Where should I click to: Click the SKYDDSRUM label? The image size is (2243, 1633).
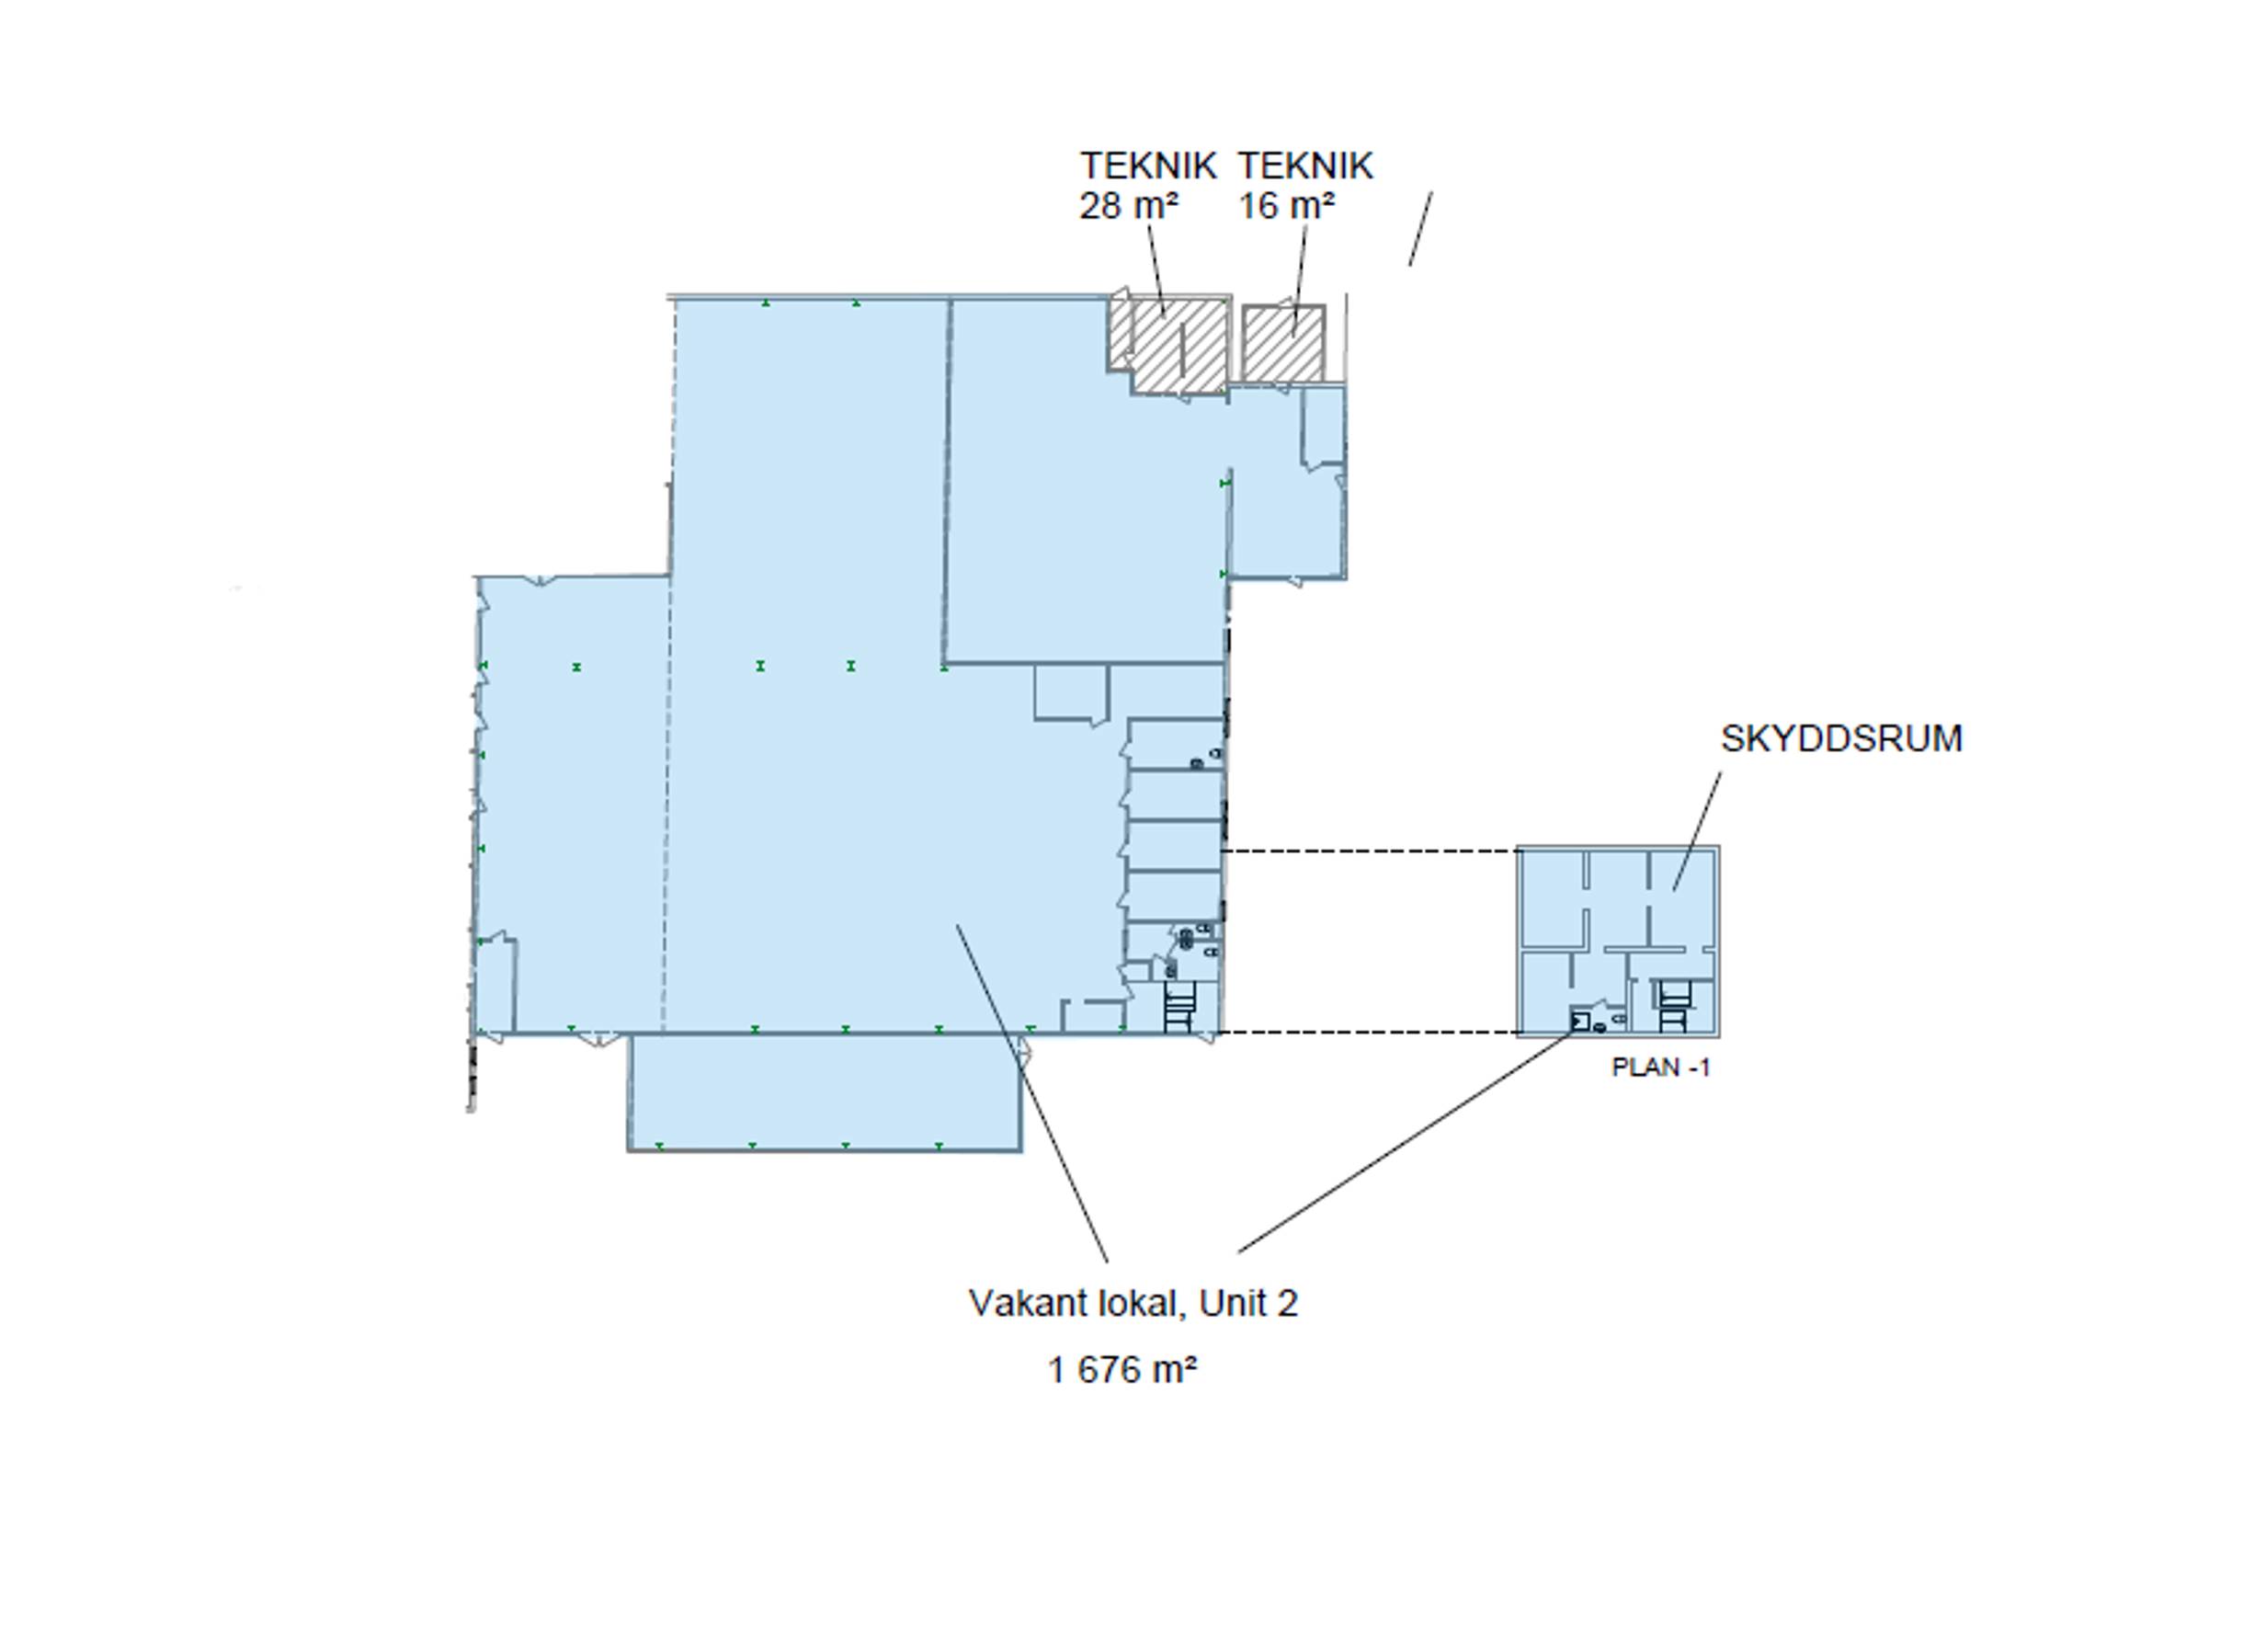pyautogui.click(x=1840, y=739)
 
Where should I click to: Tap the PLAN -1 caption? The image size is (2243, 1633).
pyautogui.click(x=1660, y=1068)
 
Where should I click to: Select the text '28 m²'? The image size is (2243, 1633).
pyautogui.click(x=1129, y=206)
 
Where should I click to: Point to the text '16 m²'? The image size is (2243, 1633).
pyautogui.click(x=1287, y=206)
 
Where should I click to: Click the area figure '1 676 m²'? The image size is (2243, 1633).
pyautogui.click(x=1122, y=1370)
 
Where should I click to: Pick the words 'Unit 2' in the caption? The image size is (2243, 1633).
pyautogui.click(x=1248, y=1304)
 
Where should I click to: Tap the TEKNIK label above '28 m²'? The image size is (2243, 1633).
pyautogui.click(x=1147, y=166)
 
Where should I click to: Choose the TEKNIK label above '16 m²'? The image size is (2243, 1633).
pyautogui.click(x=1305, y=166)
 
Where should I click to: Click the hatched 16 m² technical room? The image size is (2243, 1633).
pyautogui.click(x=1283, y=343)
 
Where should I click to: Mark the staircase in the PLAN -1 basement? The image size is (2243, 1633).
pyautogui.click(x=1671, y=1006)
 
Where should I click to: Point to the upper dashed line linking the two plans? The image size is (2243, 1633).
pyautogui.click(x=1370, y=851)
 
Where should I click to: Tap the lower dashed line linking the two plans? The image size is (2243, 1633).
pyautogui.click(x=1369, y=1033)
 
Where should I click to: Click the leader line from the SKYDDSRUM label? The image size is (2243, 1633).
pyautogui.click(x=1697, y=831)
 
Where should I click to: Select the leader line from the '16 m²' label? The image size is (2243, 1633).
pyautogui.click(x=1300, y=281)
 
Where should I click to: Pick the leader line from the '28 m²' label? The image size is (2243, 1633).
pyautogui.click(x=1156, y=270)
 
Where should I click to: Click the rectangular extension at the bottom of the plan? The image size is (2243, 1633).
pyautogui.click(x=825, y=1092)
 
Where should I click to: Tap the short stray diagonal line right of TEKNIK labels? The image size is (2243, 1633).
pyautogui.click(x=1421, y=228)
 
